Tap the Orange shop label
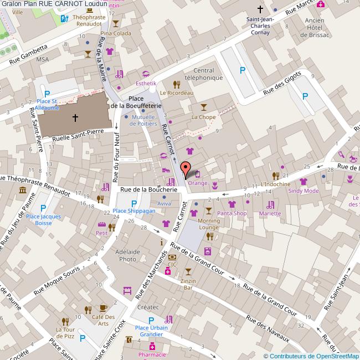198,183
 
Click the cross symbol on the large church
75,117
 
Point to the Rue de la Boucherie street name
148,189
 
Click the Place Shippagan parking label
134,211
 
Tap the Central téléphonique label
203,74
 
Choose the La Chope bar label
203,117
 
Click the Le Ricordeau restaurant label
177,93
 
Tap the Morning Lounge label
209,224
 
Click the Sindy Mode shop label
303,191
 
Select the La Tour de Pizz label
65,332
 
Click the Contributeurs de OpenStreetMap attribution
311,356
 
